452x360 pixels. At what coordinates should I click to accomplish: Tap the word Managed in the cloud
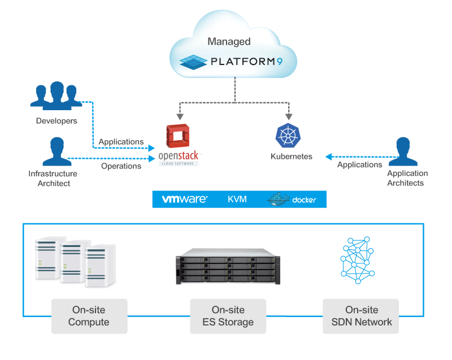tap(229, 41)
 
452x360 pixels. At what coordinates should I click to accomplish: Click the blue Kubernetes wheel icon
tap(286, 135)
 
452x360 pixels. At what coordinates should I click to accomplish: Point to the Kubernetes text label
tap(292, 157)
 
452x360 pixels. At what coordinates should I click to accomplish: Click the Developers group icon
tap(55, 96)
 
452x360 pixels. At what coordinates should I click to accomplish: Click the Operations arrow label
tap(121, 166)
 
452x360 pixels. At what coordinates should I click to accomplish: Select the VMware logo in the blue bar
tap(185, 199)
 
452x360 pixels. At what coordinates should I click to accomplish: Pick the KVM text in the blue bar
tap(237, 199)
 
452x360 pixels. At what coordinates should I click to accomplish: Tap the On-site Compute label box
tap(89, 316)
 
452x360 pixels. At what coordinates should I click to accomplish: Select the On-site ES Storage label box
tap(228, 316)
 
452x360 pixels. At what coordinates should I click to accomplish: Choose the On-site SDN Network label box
tap(361, 316)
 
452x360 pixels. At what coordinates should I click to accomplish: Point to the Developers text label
tap(56, 121)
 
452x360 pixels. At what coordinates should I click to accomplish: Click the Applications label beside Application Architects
tap(360, 164)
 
